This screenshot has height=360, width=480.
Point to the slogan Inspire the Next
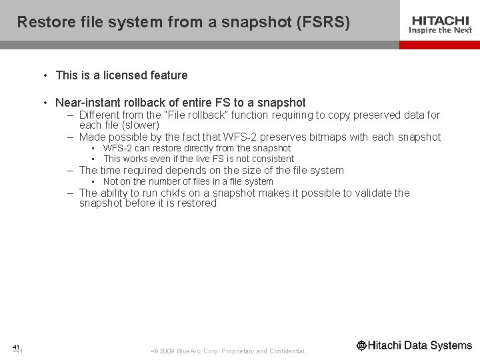click(x=439, y=30)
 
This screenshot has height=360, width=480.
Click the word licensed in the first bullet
click(x=125, y=75)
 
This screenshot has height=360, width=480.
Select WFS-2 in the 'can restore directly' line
click(x=117, y=148)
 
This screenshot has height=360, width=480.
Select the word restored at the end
click(x=195, y=203)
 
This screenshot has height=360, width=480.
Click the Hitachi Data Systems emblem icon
click(x=362, y=345)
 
